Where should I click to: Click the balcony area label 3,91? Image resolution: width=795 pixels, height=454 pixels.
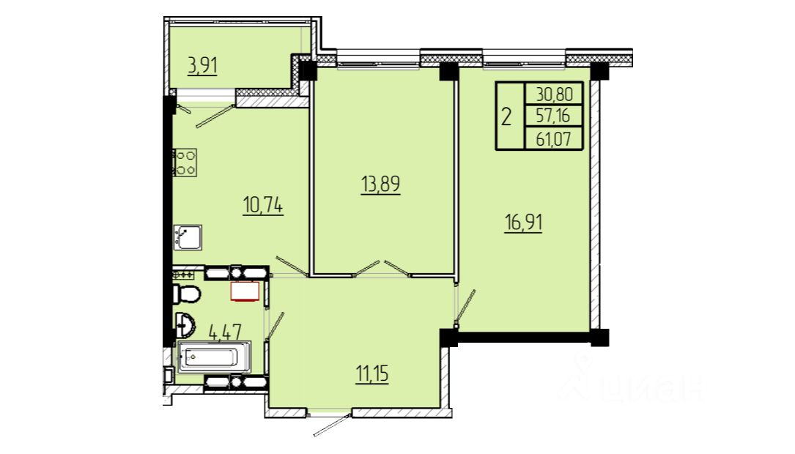pyautogui.click(x=202, y=67)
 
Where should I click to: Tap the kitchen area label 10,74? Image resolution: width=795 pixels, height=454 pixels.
pyautogui.click(x=263, y=206)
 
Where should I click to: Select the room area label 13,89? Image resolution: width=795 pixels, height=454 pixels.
pyautogui.click(x=381, y=185)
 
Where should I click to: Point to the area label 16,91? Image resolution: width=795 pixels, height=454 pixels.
pyautogui.click(x=523, y=223)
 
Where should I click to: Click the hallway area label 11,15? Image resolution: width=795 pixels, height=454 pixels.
pyautogui.click(x=373, y=374)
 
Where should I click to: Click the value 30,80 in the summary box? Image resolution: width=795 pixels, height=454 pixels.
pyautogui.click(x=554, y=94)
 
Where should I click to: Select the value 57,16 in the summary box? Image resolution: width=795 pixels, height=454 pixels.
pyautogui.click(x=553, y=116)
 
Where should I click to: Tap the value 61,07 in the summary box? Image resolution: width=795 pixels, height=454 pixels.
pyautogui.click(x=553, y=138)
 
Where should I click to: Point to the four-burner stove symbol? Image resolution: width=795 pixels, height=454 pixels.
pyautogui.click(x=185, y=163)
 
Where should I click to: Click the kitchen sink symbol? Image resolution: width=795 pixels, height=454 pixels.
pyautogui.click(x=187, y=237)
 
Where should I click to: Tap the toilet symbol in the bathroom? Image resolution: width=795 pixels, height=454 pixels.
pyautogui.click(x=187, y=294)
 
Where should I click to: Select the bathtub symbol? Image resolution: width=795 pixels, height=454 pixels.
pyautogui.click(x=214, y=357)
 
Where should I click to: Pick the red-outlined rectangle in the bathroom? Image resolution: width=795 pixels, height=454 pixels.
pyautogui.click(x=245, y=291)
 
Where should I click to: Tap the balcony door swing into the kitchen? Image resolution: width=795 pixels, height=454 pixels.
pyautogui.click(x=215, y=116)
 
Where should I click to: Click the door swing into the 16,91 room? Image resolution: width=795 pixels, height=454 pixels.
pyautogui.click(x=465, y=307)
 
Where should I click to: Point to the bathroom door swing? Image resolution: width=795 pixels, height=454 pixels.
pyautogui.click(x=274, y=326)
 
